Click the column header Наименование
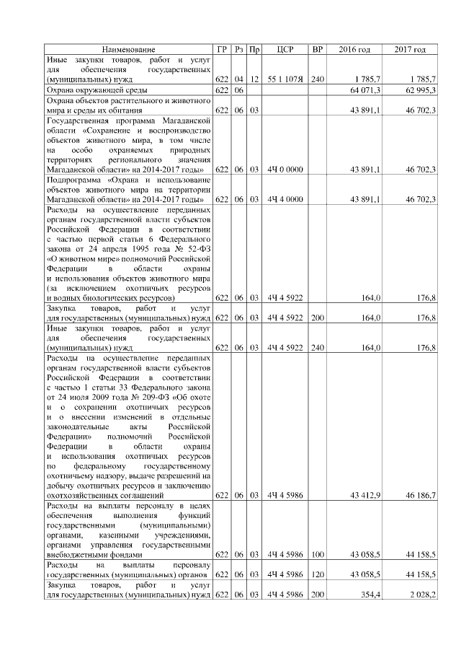coord(128,49)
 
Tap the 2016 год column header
coord(354,49)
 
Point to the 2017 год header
coord(410,49)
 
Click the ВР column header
coord(317,49)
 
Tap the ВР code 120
coord(317,574)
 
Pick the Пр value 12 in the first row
coord(254,78)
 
